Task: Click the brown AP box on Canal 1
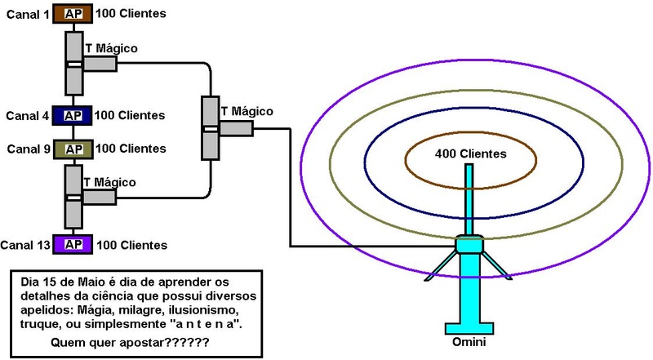click(x=73, y=14)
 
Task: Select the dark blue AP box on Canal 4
click(x=73, y=116)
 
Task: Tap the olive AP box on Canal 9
click(x=73, y=149)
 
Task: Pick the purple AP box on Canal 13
click(x=73, y=244)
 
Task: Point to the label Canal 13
click(x=25, y=245)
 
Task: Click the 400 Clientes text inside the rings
click(x=470, y=154)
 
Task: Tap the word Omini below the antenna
click(x=469, y=340)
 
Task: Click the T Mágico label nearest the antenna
click(x=247, y=111)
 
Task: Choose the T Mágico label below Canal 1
click(x=111, y=49)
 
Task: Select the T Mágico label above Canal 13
click(x=109, y=182)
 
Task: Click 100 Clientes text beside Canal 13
click(x=131, y=245)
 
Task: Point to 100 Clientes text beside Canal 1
click(x=131, y=14)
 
